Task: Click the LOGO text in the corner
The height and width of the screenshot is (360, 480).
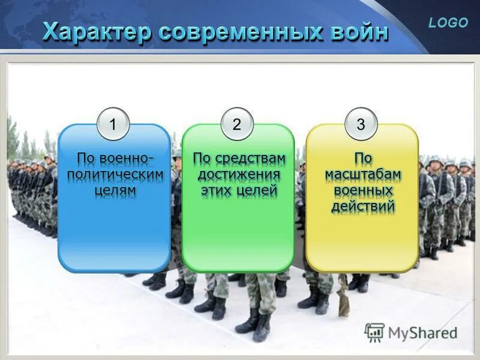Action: click(x=448, y=23)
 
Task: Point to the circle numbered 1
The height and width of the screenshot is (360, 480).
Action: click(x=113, y=125)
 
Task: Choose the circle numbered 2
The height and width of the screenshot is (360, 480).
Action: click(x=237, y=125)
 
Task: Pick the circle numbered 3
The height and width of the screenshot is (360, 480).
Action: click(x=361, y=125)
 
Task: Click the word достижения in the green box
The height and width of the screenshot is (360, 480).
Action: click(x=238, y=175)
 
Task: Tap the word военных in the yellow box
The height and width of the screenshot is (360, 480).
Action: click(x=362, y=191)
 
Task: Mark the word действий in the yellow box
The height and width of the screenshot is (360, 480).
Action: click(x=362, y=207)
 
